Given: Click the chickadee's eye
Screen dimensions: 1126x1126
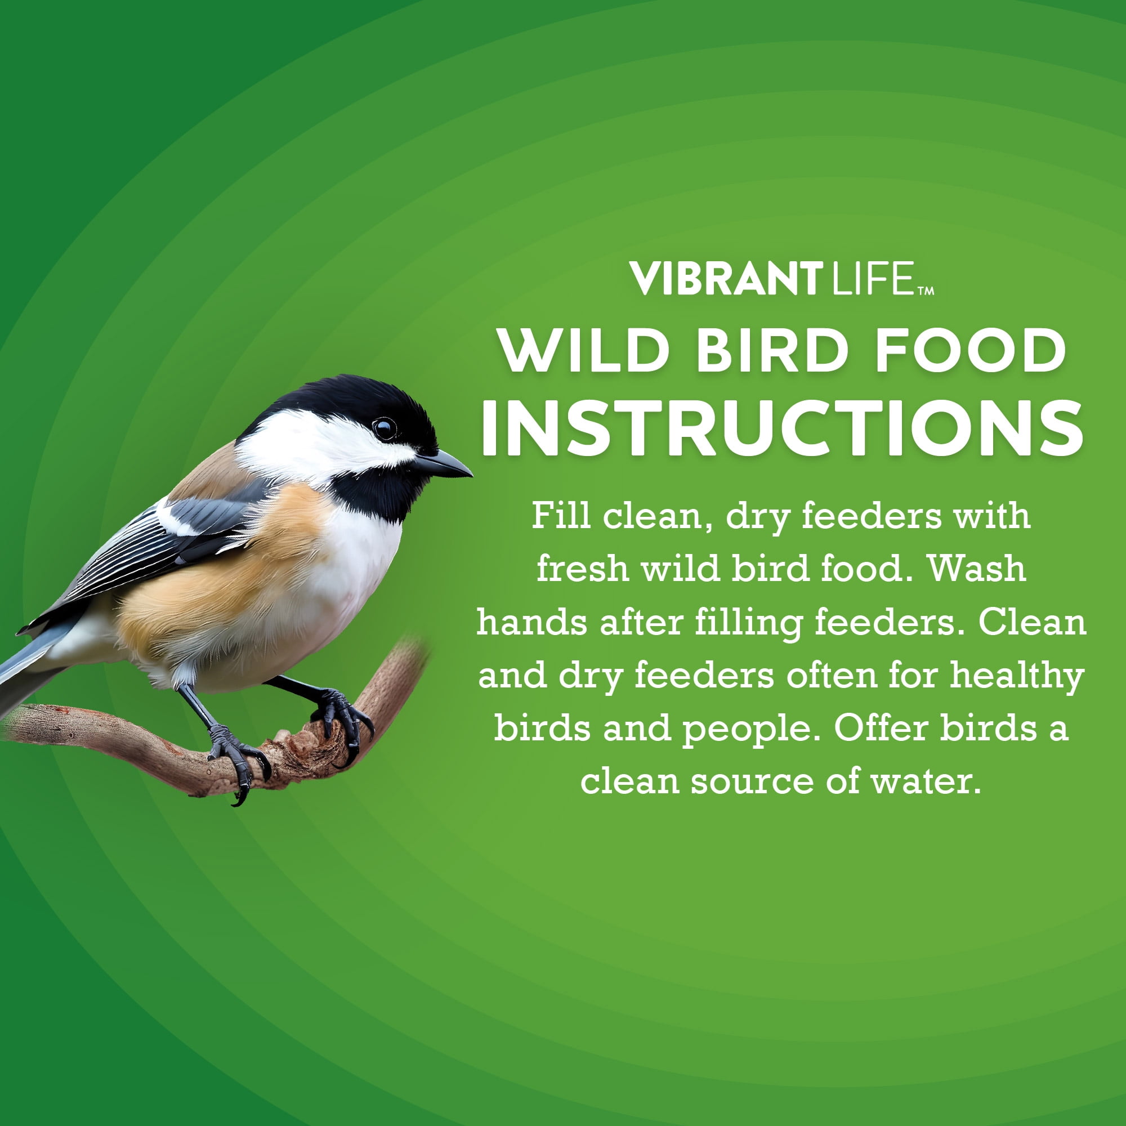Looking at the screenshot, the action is pos(385,429).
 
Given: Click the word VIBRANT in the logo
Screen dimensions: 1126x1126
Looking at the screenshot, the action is pos(726,279).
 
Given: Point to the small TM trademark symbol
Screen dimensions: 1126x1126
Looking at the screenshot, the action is pos(926,291).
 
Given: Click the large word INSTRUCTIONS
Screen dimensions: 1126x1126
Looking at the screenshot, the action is pos(781,428).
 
